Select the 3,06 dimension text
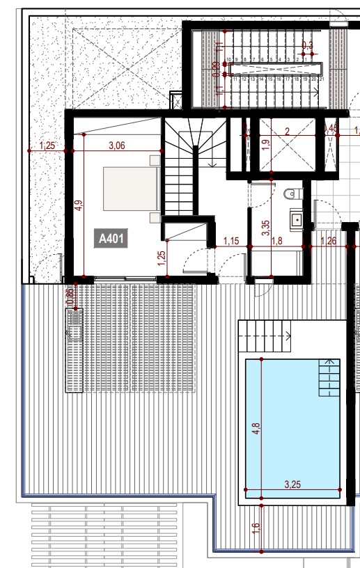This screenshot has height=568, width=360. [x=116, y=145]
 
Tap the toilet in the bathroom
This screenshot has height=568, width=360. [x=292, y=193]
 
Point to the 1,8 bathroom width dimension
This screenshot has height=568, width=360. [x=276, y=242]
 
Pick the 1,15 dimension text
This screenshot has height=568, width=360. [x=231, y=242]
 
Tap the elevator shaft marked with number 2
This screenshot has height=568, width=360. [x=285, y=146]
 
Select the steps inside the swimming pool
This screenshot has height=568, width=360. [x=327, y=377]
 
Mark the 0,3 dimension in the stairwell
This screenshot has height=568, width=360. [x=307, y=46]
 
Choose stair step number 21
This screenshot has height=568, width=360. [x=322, y=79]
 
